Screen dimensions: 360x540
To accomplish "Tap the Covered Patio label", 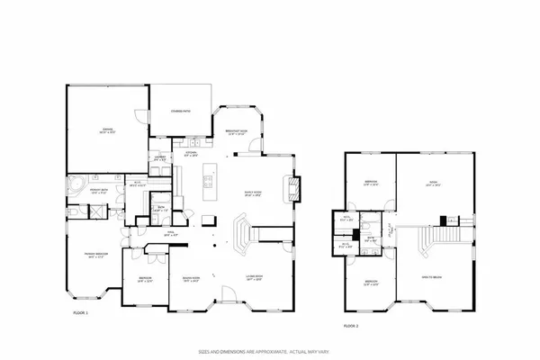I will point(181,111).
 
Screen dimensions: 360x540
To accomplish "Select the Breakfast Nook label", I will point(238,133).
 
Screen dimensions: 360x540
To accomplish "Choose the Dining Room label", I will point(189,278).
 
